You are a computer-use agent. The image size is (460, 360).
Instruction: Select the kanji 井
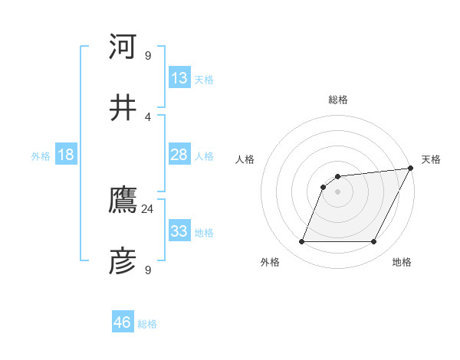(x=123, y=107)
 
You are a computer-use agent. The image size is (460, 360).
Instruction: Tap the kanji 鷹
(x=123, y=201)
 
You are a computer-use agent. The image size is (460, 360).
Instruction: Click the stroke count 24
(x=148, y=208)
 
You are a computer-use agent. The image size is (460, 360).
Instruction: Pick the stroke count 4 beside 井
(x=148, y=116)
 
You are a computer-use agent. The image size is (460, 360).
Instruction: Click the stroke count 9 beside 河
(x=148, y=55)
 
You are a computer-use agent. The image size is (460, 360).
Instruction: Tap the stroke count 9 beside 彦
(x=148, y=270)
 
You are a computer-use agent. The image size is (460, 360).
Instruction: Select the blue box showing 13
(x=179, y=78)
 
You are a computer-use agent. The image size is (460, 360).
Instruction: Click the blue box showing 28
(x=179, y=155)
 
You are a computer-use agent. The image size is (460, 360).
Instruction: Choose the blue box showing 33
(x=179, y=231)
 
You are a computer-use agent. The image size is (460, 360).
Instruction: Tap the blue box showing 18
(x=66, y=155)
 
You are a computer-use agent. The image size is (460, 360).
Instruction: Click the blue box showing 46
(x=123, y=322)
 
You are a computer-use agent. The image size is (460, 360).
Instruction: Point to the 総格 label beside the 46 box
(x=147, y=324)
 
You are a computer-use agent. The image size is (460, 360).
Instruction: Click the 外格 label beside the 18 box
(x=41, y=156)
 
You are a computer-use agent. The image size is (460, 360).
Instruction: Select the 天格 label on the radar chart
(x=431, y=159)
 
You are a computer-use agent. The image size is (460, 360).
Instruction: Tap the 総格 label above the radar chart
(x=337, y=100)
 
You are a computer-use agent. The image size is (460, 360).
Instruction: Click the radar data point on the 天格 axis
(x=411, y=169)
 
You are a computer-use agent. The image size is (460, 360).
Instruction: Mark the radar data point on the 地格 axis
(x=374, y=242)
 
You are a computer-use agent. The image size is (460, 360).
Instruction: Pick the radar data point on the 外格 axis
(x=301, y=242)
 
